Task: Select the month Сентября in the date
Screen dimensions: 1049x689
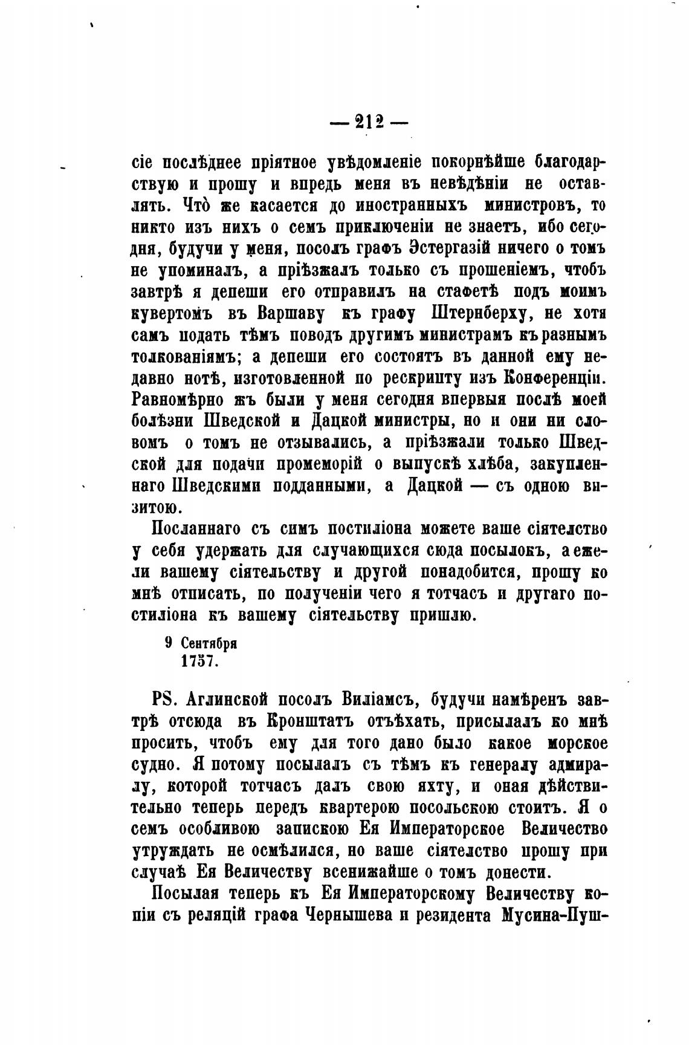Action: [x=210, y=643]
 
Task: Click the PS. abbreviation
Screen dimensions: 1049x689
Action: [x=163, y=700]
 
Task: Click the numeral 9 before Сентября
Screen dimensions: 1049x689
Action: [x=169, y=643]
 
